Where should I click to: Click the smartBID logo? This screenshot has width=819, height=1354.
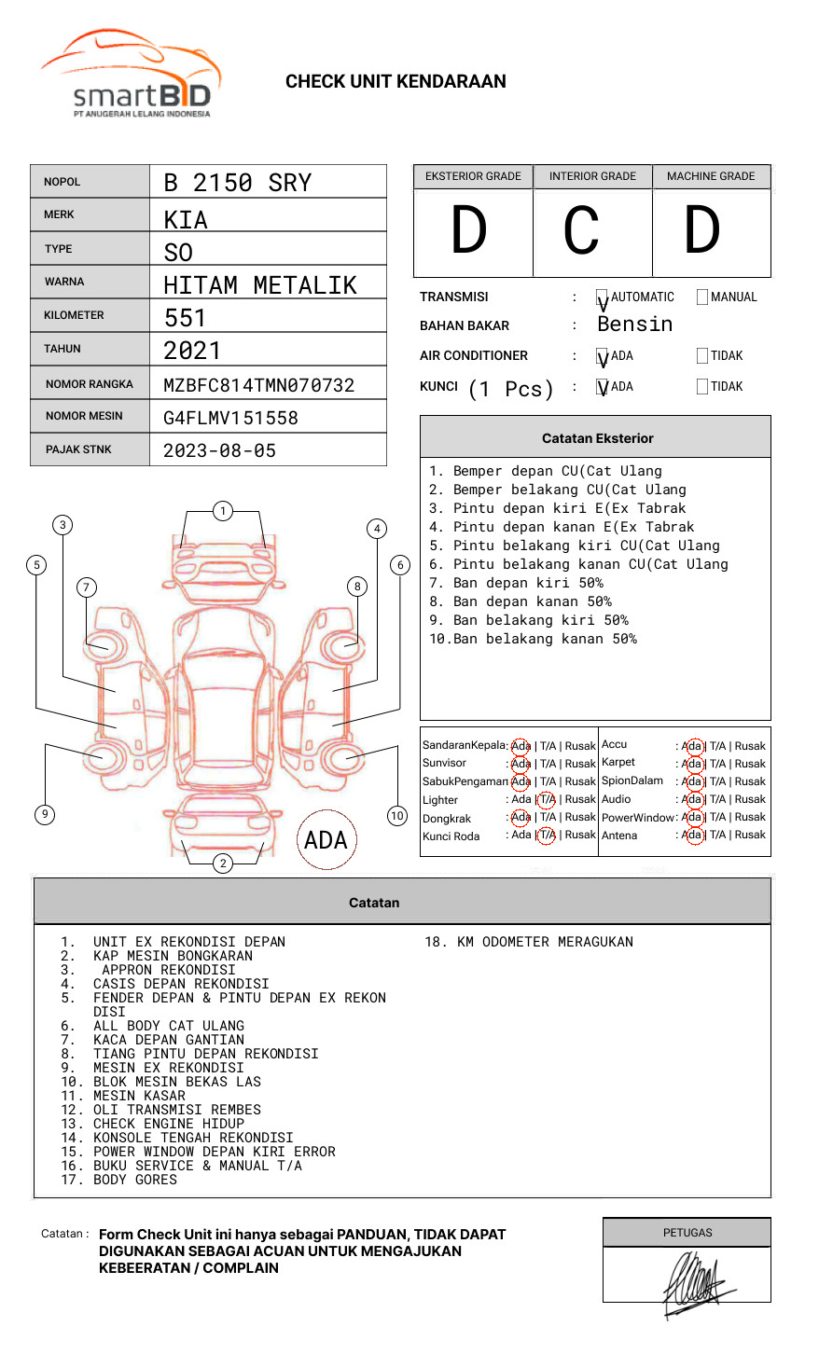131,75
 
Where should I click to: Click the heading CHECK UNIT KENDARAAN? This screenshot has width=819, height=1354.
396,82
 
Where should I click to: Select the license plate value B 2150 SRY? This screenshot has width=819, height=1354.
237,183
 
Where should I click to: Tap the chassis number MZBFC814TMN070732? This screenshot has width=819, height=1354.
258,385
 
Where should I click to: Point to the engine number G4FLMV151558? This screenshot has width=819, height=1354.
230,418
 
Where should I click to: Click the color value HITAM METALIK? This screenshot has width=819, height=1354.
259,285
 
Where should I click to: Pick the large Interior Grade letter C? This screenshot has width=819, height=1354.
581,230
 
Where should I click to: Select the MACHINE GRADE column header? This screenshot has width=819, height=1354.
711,176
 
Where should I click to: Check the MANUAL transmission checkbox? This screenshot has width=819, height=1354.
702,297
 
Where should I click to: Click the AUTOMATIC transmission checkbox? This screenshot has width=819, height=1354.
603,297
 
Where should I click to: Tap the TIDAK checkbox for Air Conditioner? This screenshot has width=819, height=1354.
702,356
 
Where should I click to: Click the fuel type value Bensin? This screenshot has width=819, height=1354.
634,325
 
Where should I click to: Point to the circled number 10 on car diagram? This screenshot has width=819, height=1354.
397,816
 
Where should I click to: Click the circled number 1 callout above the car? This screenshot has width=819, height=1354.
222,511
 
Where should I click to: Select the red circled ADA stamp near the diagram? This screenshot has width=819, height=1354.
326,840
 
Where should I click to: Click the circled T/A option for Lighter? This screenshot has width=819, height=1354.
547,799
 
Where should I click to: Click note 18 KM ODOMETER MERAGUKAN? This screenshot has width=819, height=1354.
529,942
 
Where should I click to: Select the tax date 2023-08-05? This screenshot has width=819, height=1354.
219,450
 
